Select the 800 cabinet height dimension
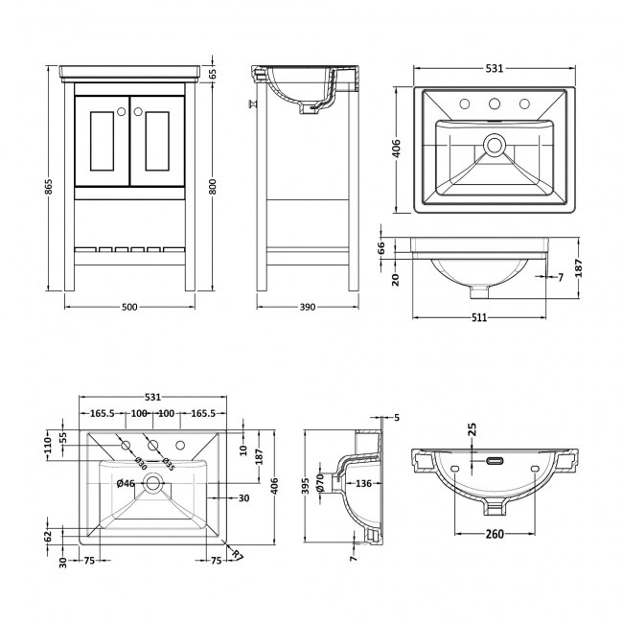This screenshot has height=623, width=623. (213, 187)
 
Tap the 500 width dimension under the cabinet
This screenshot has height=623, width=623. (129, 307)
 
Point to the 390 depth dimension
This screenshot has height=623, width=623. (308, 307)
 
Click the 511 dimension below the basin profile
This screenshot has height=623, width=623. (479, 317)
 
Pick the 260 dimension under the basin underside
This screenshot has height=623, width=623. (495, 534)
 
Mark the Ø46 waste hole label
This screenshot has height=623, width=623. (126, 483)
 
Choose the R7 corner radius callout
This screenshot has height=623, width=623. (237, 555)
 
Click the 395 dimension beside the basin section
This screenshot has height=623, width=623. (305, 486)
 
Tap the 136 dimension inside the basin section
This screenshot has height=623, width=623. (363, 483)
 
